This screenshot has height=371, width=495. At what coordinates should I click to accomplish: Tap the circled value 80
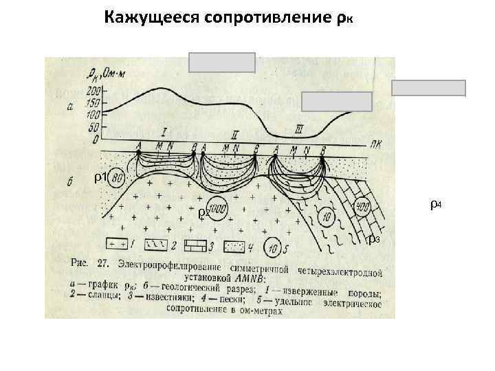click(x=118, y=178)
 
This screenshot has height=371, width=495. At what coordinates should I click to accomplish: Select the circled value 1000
click(x=219, y=209)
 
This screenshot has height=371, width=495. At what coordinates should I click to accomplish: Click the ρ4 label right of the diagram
click(x=435, y=204)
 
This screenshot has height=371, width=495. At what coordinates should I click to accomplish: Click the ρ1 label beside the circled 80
click(x=99, y=178)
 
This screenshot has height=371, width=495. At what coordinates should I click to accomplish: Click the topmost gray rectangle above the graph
click(x=222, y=63)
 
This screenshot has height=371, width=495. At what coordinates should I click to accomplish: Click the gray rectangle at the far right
click(x=428, y=88)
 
